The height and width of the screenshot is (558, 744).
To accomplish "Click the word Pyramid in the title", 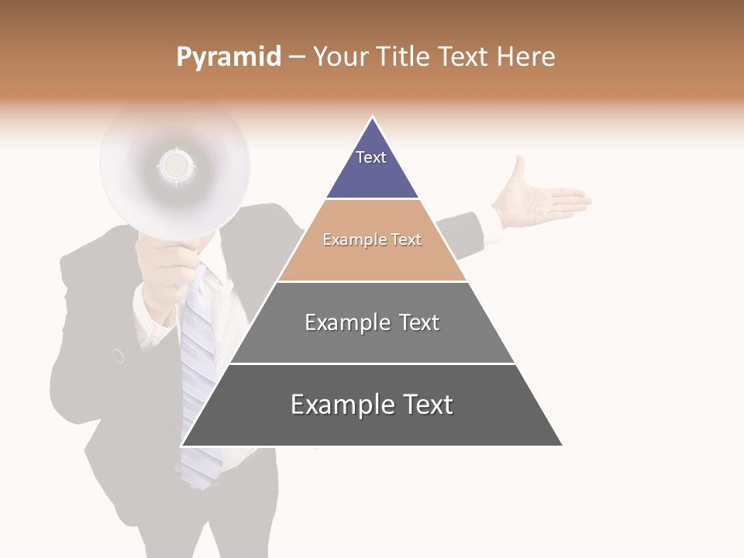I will coord(228,57).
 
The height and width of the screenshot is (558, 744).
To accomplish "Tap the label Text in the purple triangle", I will coord(371,157).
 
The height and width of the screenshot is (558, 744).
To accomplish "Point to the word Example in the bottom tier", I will coord(334,405).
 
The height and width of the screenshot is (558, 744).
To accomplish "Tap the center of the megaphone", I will coord(175,164).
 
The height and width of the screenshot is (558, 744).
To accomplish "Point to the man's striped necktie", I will coord(198,364).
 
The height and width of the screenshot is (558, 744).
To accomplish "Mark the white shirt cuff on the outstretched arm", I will coord(490,224).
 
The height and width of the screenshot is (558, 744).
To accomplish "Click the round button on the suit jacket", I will coord(119,356).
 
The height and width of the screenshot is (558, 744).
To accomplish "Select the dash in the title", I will coord(296,57).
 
